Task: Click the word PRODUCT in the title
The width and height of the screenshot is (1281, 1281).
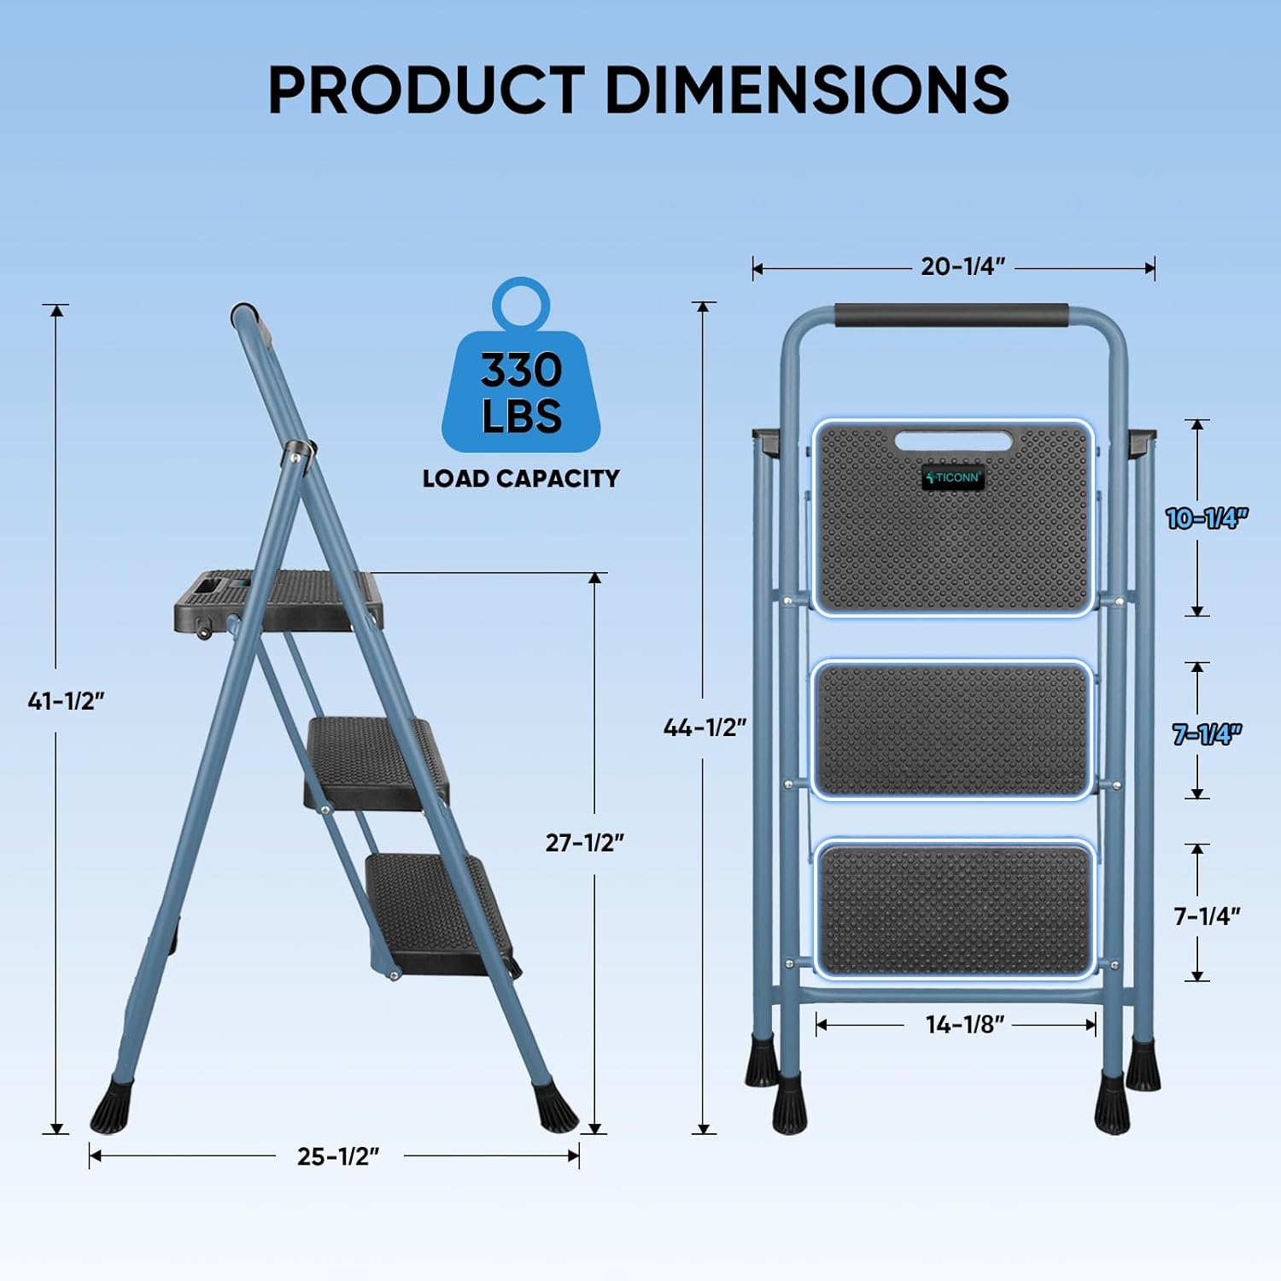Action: pos(426,90)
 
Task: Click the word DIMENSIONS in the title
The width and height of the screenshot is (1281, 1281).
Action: pos(807,90)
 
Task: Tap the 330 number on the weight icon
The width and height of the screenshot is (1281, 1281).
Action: pos(521,370)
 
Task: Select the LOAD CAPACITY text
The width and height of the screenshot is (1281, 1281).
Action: pos(521,478)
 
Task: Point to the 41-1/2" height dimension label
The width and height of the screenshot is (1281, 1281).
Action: pos(66,701)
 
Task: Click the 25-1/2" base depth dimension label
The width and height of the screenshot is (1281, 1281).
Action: pos(338,1155)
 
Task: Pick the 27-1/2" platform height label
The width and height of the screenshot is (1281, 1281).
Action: pos(585,843)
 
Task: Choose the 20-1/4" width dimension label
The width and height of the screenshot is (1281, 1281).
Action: pos(962,266)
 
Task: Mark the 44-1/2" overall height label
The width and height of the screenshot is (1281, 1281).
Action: pos(705,728)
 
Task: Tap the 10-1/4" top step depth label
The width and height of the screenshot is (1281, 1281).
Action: pos(1207,518)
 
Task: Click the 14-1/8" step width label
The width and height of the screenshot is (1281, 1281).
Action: pos(964,1024)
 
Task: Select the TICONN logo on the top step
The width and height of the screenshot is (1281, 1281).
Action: pos(953,477)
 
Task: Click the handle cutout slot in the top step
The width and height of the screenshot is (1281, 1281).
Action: pos(953,442)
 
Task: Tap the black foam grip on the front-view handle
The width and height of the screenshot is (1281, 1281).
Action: pos(951,314)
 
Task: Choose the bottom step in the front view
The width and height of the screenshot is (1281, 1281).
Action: pos(954,910)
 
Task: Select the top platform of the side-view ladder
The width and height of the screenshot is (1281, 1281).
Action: pos(278,600)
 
